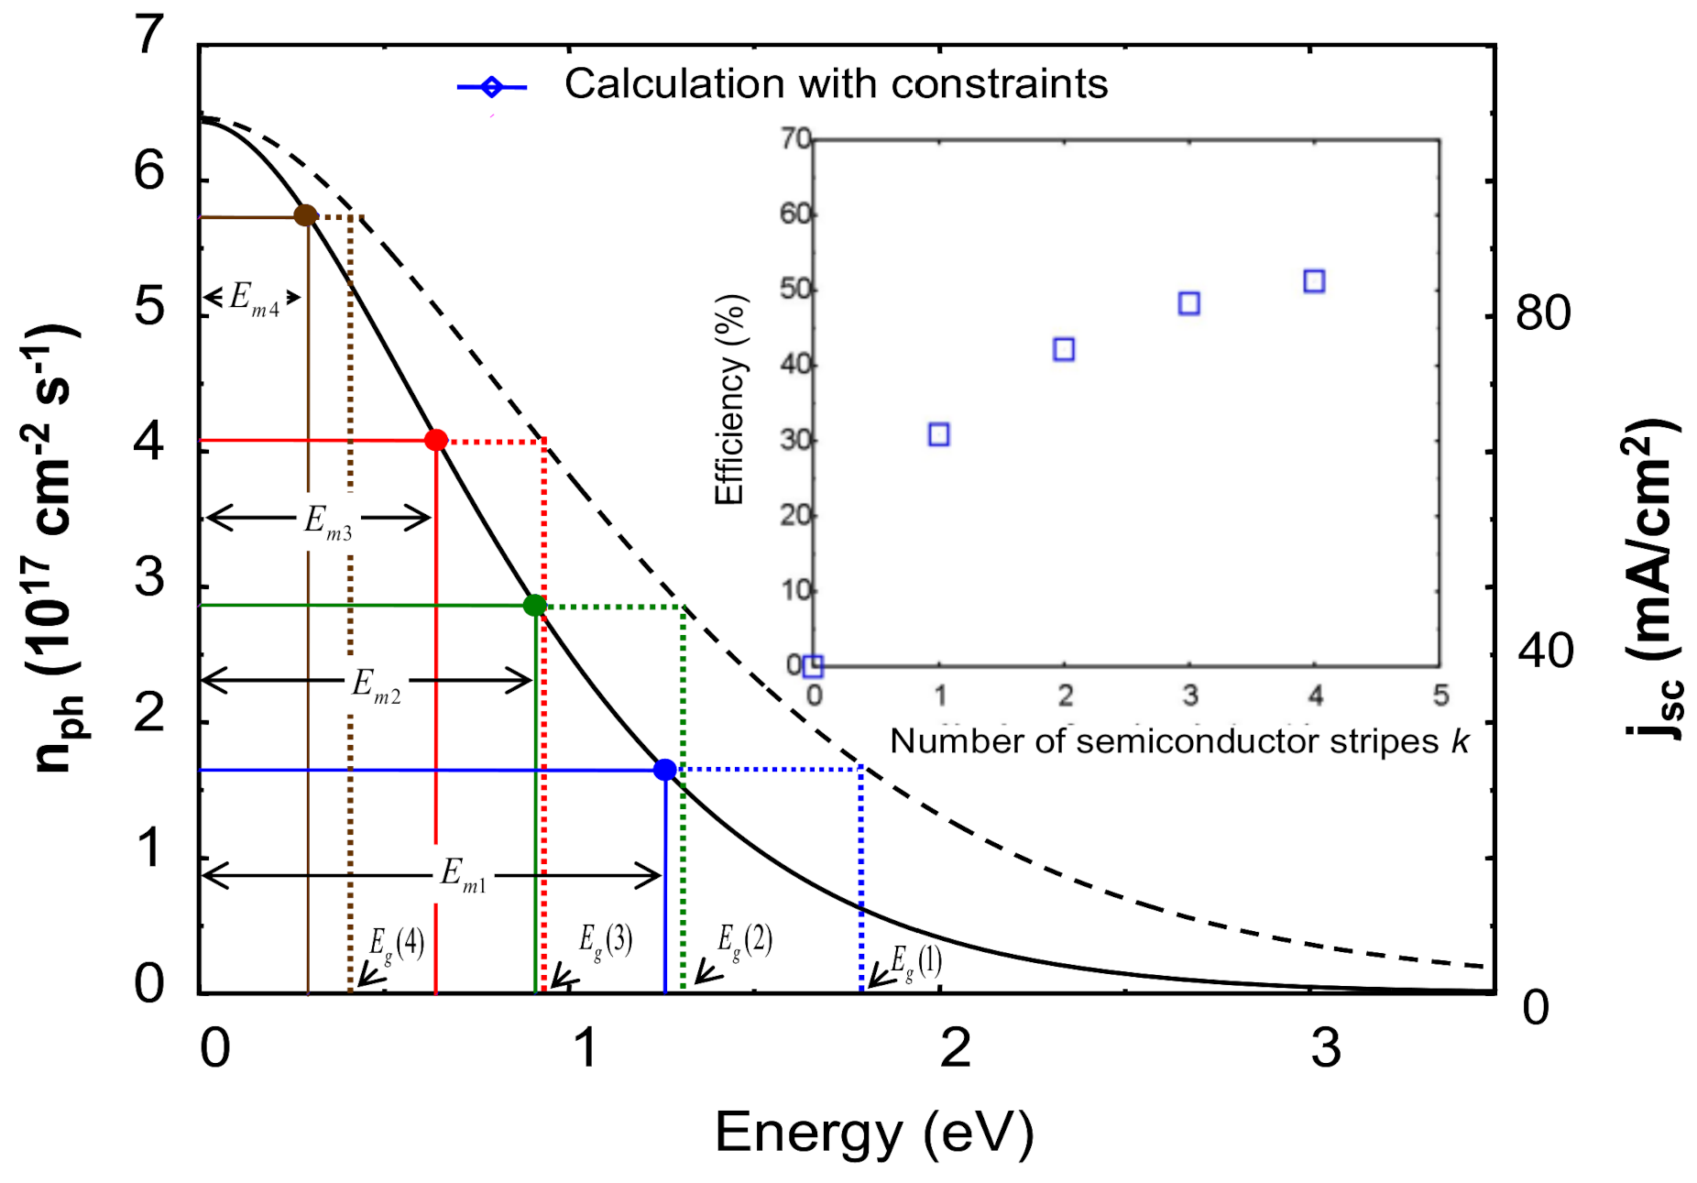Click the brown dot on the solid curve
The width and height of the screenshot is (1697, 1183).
tap(305, 216)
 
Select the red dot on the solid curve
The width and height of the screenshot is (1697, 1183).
tap(436, 440)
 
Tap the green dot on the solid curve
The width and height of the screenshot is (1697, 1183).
tap(534, 605)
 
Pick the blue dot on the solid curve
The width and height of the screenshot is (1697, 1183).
tap(665, 770)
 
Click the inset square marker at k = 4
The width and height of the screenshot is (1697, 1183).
tap(1314, 280)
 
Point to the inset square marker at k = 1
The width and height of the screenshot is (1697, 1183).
tap(938, 434)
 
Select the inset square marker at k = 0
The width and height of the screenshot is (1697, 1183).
tap(813, 666)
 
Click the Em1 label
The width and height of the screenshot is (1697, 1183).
tap(464, 875)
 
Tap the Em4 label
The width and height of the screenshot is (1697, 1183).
tap(254, 299)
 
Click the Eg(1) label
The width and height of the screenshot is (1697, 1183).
tap(916, 962)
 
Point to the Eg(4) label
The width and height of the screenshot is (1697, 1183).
tap(397, 945)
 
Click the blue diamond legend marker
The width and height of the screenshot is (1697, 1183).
tap(492, 87)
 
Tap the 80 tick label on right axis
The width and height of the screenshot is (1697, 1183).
tap(1543, 313)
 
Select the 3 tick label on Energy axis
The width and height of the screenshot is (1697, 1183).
tap(1325, 1047)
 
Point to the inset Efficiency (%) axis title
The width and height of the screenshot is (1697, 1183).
tap(730, 400)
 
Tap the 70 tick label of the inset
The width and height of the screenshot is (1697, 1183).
tap(795, 139)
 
